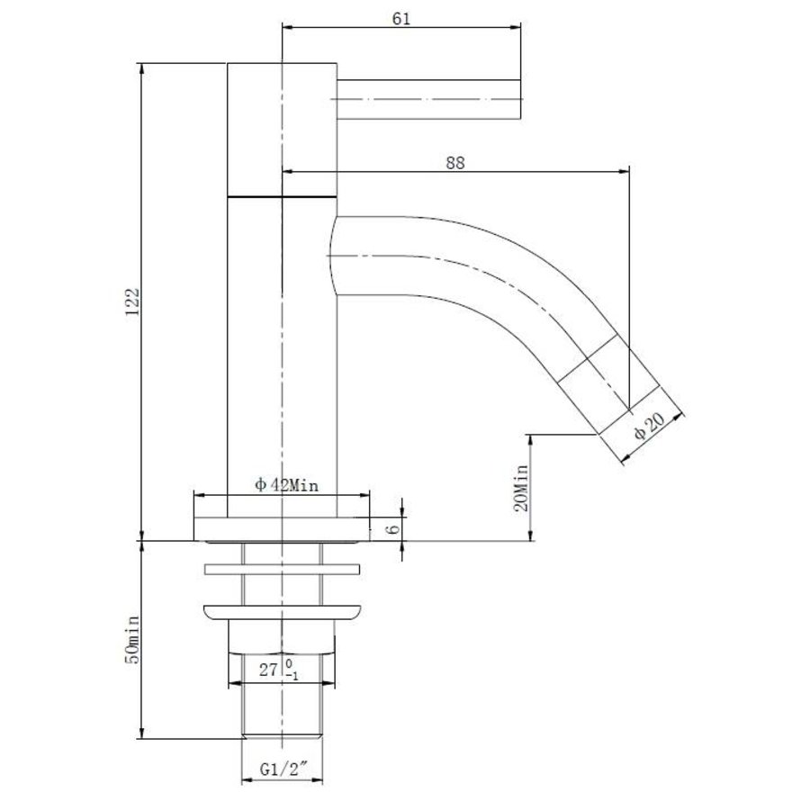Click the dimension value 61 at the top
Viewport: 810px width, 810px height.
[x=401, y=19]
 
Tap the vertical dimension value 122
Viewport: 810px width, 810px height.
[x=131, y=300]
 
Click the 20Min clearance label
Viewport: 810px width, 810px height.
[x=521, y=487]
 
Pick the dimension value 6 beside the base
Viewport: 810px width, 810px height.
[x=391, y=528]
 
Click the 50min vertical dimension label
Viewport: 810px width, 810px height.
[x=131, y=639]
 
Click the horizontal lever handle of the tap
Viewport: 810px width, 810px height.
[x=430, y=98]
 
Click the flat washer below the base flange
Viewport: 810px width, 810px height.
[x=281, y=569]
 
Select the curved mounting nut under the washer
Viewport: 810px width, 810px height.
[x=281, y=612]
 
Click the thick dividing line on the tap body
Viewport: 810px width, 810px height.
[x=281, y=195]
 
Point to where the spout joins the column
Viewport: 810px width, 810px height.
[x=335, y=257]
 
